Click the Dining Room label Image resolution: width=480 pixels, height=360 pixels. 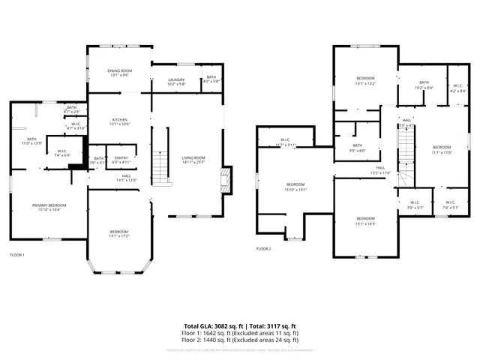(x=120, y=73)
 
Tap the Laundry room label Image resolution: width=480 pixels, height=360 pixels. (x=176, y=81)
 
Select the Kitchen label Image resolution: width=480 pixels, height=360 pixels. (x=120, y=121)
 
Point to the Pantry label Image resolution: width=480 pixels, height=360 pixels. (x=121, y=160)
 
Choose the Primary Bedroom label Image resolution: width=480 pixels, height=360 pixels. (x=49, y=206)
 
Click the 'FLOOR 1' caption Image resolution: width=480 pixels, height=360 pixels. (x=16, y=255)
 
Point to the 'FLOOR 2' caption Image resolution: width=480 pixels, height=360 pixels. (x=263, y=248)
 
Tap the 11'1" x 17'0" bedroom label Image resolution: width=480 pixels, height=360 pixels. (x=442, y=148)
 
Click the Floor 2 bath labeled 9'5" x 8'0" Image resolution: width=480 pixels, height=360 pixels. (x=356, y=148)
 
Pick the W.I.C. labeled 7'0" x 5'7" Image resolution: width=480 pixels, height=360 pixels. (x=415, y=204)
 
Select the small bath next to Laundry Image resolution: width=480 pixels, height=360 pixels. (x=211, y=78)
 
